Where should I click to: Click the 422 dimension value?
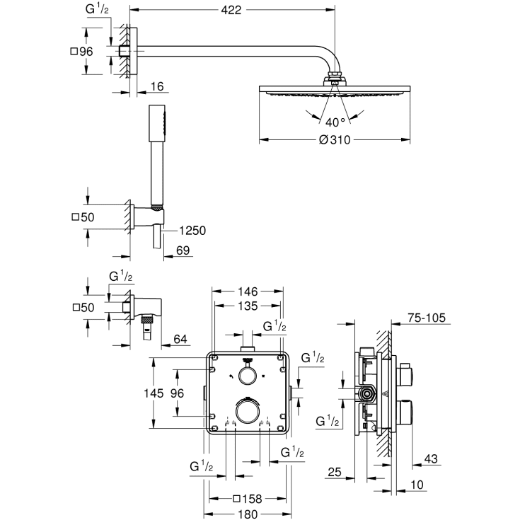click(x=231, y=10)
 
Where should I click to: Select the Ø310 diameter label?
click(x=335, y=139)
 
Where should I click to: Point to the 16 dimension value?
click(x=157, y=86)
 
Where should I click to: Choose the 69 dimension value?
click(x=182, y=250)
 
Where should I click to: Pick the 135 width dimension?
click(x=247, y=306)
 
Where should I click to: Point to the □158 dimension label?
click(x=247, y=498)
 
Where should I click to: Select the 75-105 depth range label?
click(x=427, y=318)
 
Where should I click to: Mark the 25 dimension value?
click(x=335, y=471)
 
